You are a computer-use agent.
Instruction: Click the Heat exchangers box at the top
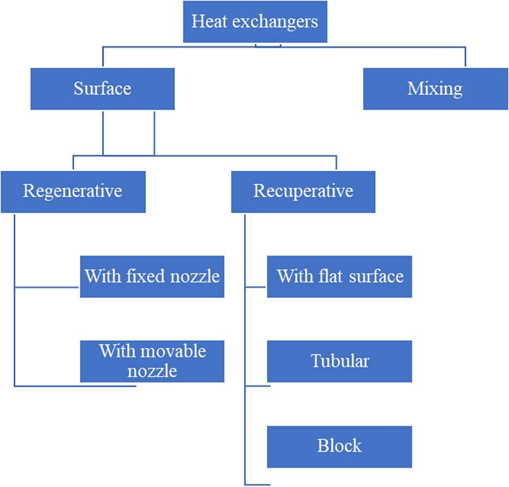(x=255, y=22)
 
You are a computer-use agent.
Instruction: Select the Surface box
(x=102, y=89)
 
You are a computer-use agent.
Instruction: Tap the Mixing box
(x=435, y=89)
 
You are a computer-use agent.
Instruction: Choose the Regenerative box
(x=73, y=191)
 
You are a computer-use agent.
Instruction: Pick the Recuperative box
(x=303, y=191)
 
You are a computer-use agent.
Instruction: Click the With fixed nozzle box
(x=152, y=276)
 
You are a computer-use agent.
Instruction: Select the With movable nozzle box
(x=152, y=361)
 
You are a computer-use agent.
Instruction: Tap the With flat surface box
(x=339, y=276)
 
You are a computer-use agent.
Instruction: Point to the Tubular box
(x=339, y=361)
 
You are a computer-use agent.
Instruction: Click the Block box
(x=339, y=447)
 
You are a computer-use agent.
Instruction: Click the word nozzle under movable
(x=152, y=371)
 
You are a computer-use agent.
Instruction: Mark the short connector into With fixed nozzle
(x=47, y=287)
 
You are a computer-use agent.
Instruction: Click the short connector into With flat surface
(x=256, y=287)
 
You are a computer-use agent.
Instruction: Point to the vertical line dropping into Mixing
(x=465, y=57)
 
